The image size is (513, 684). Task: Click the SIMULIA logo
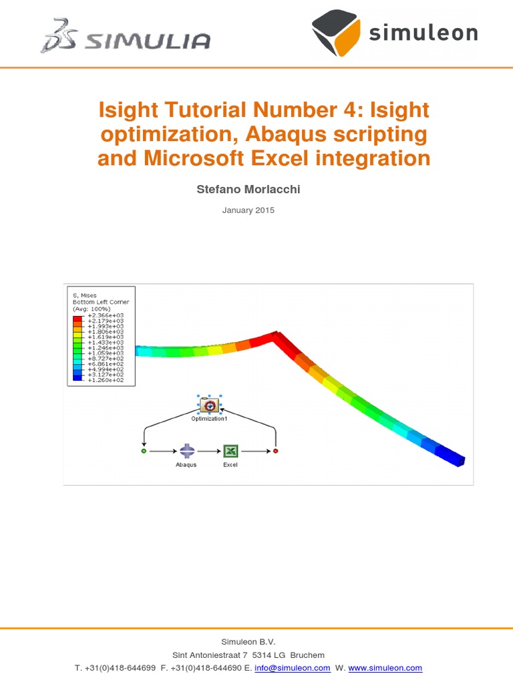[126, 37]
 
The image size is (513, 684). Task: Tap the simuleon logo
[394, 33]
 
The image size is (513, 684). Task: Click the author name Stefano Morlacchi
[248, 189]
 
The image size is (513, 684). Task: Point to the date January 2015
[248, 210]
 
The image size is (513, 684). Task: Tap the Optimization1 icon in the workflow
[209, 405]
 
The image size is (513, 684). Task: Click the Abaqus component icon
[186, 451]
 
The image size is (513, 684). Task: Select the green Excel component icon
[230, 451]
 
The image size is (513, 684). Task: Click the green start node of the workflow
[144, 452]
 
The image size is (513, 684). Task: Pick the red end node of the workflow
[275, 452]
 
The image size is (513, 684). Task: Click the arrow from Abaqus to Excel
[208, 452]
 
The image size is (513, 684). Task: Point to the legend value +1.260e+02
[100, 380]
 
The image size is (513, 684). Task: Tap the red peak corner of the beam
[274, 337]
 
